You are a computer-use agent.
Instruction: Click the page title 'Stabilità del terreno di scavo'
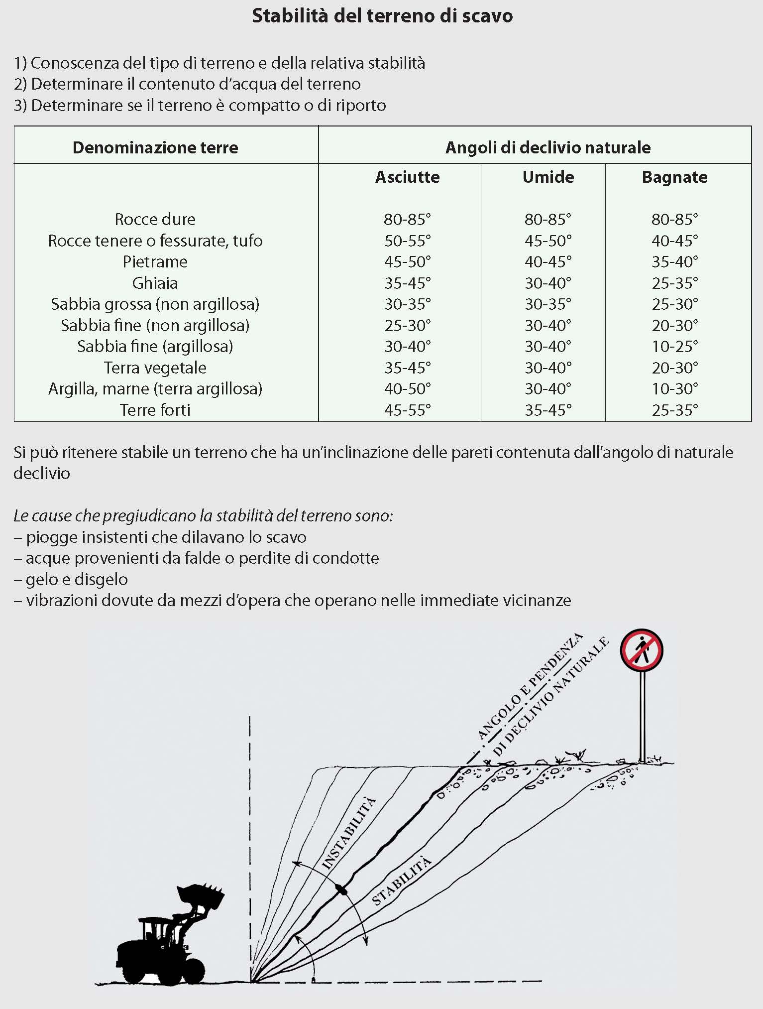coord(382,16)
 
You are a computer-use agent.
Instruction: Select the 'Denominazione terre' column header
coord(155,147)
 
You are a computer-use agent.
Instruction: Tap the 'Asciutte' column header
coord(407,177)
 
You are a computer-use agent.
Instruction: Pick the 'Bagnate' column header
coord(674,177)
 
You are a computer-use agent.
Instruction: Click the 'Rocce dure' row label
coord(155,219)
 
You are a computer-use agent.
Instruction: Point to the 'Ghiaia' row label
coord(155,283)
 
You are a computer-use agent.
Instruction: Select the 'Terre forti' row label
coord(155,410)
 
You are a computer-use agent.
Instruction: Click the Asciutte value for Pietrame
coord(407,261)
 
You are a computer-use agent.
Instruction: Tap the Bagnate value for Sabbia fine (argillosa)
coord(674,346)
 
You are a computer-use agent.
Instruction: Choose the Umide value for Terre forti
coord(548,410)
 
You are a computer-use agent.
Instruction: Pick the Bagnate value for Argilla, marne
coord(674,388)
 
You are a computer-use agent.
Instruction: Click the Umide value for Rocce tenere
coord(548,241)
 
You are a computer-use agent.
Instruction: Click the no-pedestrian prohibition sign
coord(642,650)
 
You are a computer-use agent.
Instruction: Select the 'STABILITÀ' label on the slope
coord(401,881)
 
